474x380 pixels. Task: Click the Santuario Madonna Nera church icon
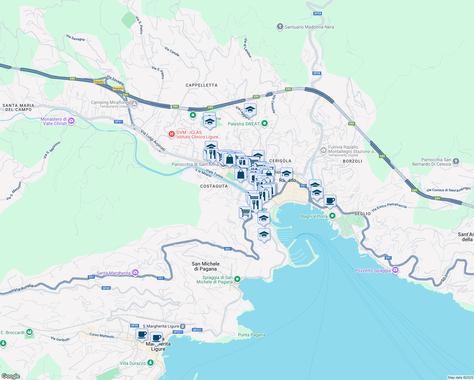point(280,27)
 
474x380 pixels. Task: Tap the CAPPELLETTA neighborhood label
point(202,85)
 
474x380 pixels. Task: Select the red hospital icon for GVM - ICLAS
point(172,134)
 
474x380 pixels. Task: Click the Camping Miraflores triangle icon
point(134,104)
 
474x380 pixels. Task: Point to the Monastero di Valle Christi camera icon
point(71,121)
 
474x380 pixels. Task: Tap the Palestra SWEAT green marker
point(265,123)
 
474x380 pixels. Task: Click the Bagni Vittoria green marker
point(332,216)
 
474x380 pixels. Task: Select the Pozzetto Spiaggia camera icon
point(395,270)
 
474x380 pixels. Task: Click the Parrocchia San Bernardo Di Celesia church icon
point(456,161)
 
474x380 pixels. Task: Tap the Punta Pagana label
point(252,335)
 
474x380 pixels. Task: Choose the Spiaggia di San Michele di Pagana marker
point(237,279)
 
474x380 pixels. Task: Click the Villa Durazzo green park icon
point(151,363)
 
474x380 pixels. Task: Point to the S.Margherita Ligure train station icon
point(183,326)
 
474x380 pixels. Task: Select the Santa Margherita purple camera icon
point(135,272)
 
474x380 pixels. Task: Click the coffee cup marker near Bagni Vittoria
point(330,200)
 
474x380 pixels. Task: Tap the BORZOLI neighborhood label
point(352,161)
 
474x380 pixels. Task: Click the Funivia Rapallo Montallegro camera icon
point(323,150)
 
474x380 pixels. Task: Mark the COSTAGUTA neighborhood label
point(214,186)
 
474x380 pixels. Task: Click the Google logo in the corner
point(11,376)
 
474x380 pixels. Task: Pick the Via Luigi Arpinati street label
point(153,140)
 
